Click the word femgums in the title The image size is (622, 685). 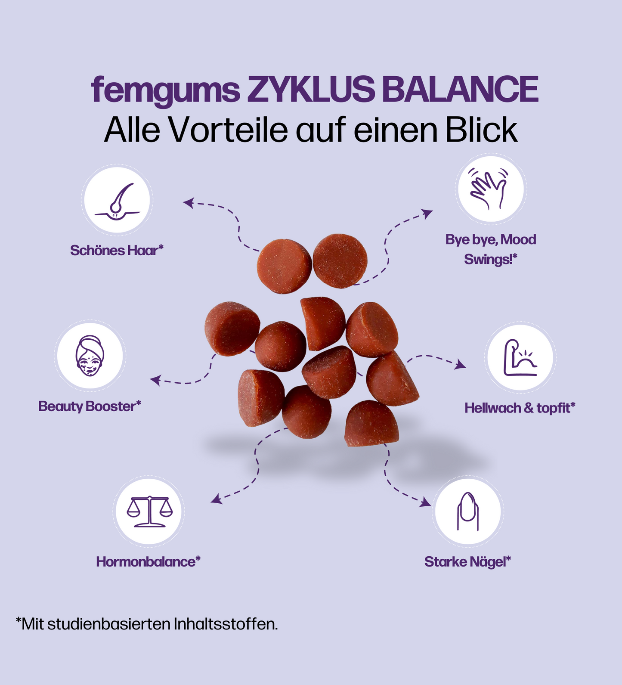[x=165, y=90]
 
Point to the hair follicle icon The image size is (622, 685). [x=117, y=201]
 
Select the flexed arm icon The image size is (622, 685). [x=520, y=358]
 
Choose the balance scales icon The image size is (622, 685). [x=149, y=511]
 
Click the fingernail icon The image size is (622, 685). [x=467, y=511]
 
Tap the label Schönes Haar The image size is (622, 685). [x=116, y=250]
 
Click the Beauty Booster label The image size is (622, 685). [x=90, y=406]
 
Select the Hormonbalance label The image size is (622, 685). [x=148, y=562]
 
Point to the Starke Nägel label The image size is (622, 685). [x=467, y=562]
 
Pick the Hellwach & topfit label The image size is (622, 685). [x=520, y=408]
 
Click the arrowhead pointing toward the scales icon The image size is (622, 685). [x=216, y=499]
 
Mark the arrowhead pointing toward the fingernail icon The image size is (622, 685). [x=426, y=502]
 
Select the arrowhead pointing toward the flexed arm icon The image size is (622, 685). [x=461, y=365]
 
